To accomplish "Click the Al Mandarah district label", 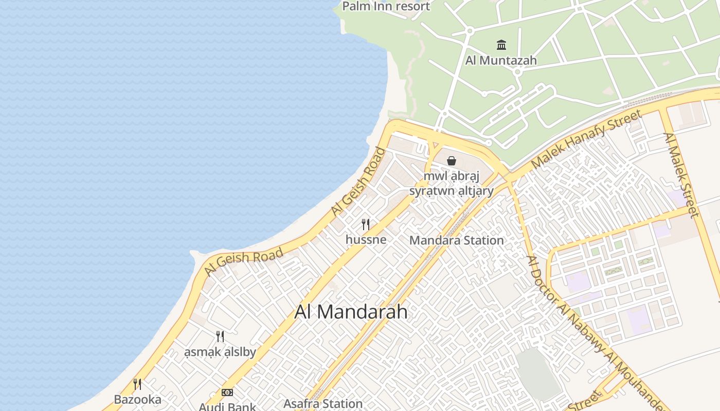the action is pyautogui.click(x=351, y=312).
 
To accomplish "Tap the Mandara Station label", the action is pyautogui.click(x=456, y=240).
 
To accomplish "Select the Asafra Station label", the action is pyautogui.click(x=323, y=404).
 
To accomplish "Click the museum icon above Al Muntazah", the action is pyautogui.click(x=501, y=45).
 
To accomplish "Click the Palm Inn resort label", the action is pyautogui.click(x=386, y=6).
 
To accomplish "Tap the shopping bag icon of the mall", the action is pyautogui.click(x=452, y=161).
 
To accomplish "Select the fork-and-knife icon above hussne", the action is pyautogui.click(x=366, y=225).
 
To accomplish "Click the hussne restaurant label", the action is pyautogui.click(x=366, y=239).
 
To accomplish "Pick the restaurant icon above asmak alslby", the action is pyautogui.click(x=220, y=337).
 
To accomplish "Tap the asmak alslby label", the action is pyautogui.click(x=220, y=352).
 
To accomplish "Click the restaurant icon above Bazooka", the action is pyautogui.click(x=137, y=384).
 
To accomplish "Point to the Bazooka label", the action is pyautogui.click(x=137, y=399).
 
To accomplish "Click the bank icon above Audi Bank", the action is pyautogui.click(x=227, y=393).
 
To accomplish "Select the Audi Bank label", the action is pyautogui.click(x=227, y=406).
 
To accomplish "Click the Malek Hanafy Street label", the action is pyautogui.click(x=586, y=139).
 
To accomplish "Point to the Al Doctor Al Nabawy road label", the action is pyautogui.click(x=591, y=329).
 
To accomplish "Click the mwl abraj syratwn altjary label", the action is pyautogui.click(x=451, y=183).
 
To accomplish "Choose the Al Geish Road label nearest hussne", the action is pyautogui.click(x=358, y=181).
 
